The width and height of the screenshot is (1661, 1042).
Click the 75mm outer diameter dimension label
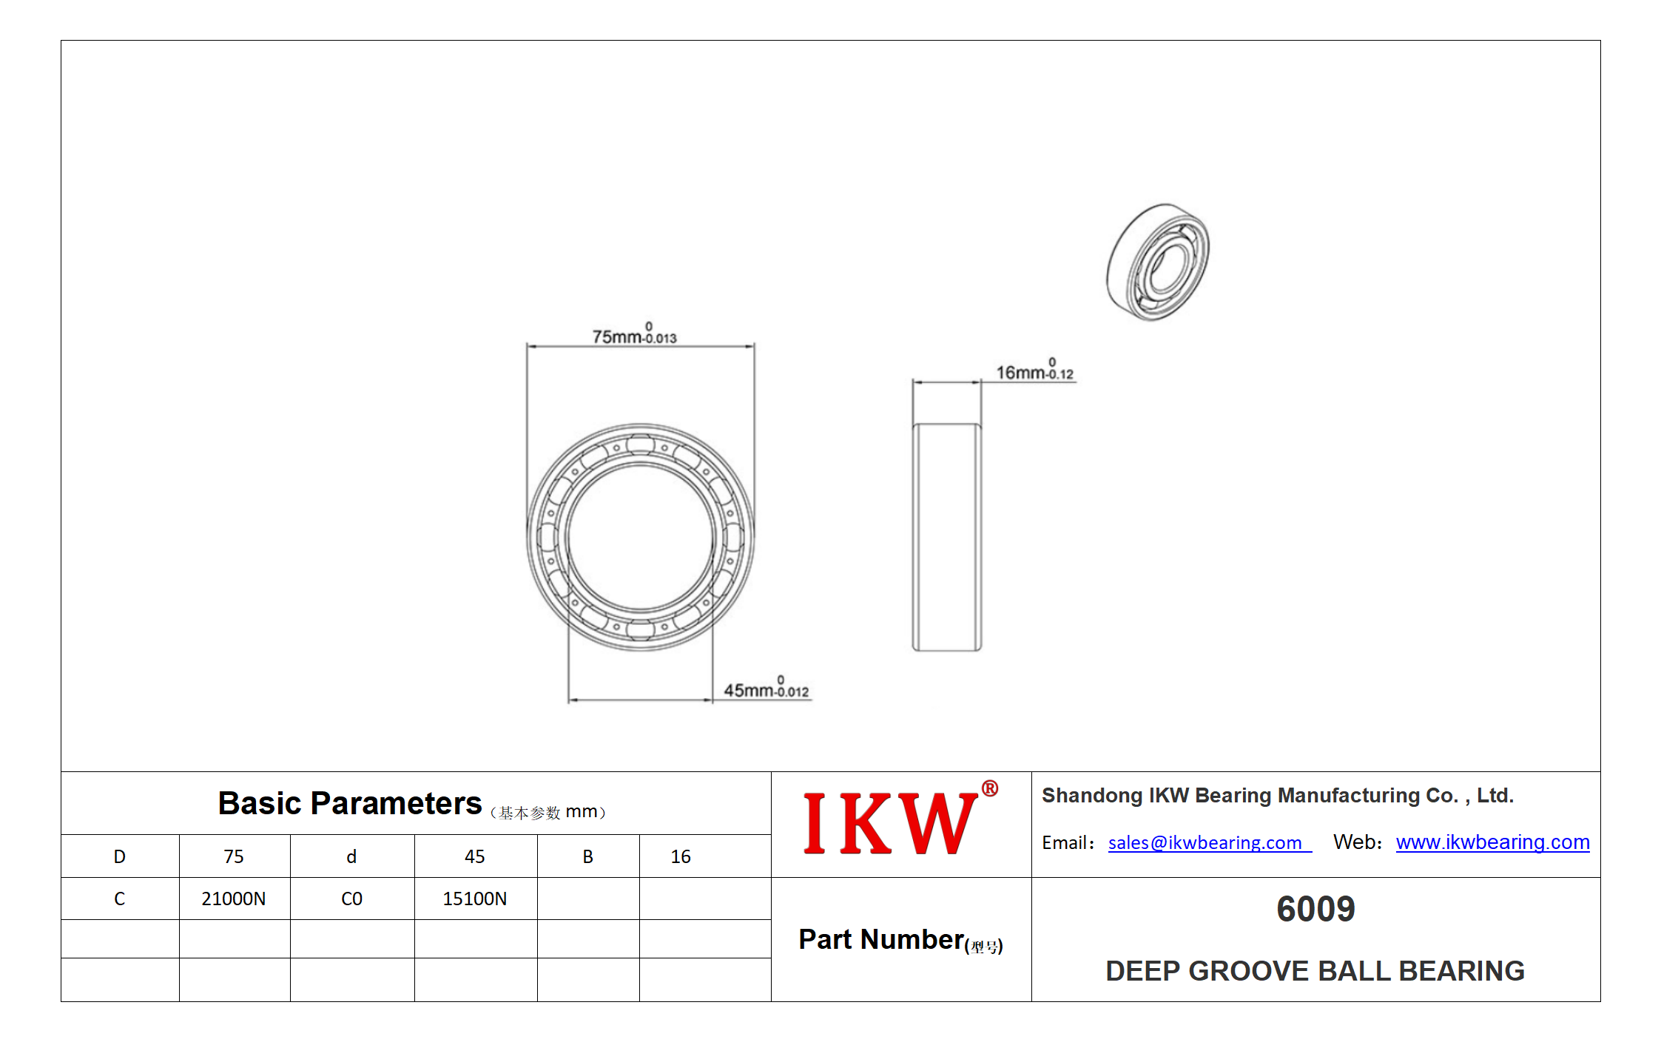click(x=634, y=334)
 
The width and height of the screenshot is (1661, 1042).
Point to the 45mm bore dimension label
click(x=766, y=688)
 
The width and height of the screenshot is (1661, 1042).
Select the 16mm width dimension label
click(x=1034, y=370)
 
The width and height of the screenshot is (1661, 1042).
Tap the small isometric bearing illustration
click(x=1157, y=262)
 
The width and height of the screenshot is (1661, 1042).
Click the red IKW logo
click(x=889, y=823)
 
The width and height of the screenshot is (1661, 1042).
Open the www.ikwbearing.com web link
click(x=1492, y=842)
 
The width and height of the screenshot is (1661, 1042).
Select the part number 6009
click(x=1315, y=909)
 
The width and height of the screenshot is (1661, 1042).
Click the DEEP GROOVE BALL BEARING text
click(x=1315, y=971)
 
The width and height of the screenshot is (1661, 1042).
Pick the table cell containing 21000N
click(x=234, y=899)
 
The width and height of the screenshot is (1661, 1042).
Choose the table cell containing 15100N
click(x=475, y=899)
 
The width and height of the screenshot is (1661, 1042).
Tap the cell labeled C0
click(x=351, y=899)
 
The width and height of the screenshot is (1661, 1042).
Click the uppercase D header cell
click(x=120, y=856)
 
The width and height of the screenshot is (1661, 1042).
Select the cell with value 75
click(x=234, y=856)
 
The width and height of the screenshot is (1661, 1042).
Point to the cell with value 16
click(x=681, y=856)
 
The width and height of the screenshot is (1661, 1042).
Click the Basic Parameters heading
click(x=349, y=803)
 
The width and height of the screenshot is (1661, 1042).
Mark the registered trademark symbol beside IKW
click(x=989, y=788)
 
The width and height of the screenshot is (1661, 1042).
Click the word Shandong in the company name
click(x=1092, y=796)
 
